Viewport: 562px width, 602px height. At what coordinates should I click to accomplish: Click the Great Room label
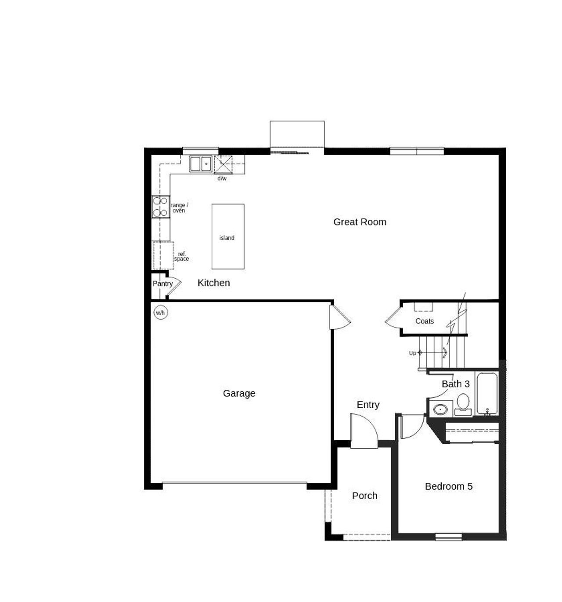[360, 222]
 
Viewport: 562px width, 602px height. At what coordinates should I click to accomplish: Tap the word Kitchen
[214, 283]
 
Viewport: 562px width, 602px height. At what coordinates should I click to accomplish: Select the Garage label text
[239, 393]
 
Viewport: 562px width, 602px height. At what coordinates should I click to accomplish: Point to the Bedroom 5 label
[449, 486]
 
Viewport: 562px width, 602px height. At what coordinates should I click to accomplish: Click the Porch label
[364, 496]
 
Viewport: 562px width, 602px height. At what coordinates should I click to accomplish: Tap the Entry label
[368, 405]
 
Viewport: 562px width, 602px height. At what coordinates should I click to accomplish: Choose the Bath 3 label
[455, 384]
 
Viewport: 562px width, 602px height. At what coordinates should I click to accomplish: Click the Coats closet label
[425, 321]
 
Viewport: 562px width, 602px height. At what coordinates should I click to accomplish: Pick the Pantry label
[162, 284]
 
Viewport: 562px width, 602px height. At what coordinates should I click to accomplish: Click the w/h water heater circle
[161, 313]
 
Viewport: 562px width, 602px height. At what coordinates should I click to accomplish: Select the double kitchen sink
[201, 164]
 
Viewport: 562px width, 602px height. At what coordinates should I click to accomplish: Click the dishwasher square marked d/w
[223, 164]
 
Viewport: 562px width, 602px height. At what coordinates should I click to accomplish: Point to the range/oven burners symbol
[161, 207]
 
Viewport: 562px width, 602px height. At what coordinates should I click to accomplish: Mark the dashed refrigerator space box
[163, 255]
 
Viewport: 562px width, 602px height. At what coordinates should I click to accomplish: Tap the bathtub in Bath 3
[487, 394]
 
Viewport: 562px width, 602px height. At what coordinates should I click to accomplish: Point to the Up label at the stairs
[412, 353]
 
